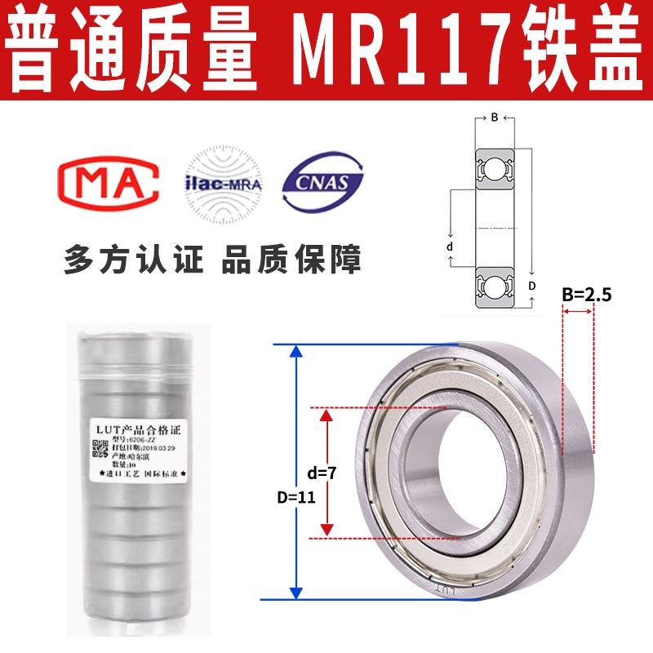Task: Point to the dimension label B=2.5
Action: pos(586,295)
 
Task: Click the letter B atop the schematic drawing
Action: pos(494,118)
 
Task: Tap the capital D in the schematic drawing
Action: pos(531,285)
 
